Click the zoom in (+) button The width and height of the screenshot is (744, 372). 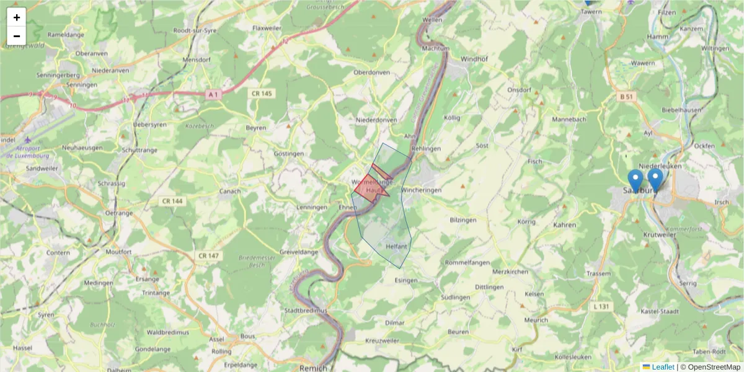(17, 17)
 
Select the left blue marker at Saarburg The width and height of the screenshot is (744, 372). (635, 180)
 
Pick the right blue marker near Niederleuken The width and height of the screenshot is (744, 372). (655, 178)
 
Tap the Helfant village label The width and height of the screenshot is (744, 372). (396, 246)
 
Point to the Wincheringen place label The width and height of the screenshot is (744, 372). (421, 190)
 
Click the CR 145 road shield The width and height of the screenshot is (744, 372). (262, 93)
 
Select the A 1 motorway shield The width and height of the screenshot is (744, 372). (213, 94)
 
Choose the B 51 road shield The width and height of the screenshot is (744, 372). (626, 97)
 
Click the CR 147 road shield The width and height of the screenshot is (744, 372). (210, 255)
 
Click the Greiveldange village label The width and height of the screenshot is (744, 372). (299, 252)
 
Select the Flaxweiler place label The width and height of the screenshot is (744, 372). (267, 28)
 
